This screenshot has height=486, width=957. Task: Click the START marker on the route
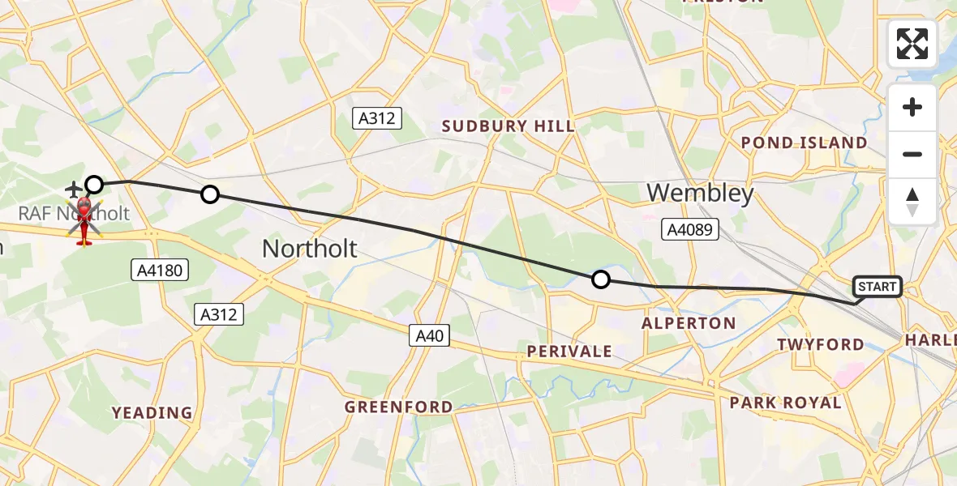[878, 287]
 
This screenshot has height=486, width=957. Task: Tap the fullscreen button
[912, 44]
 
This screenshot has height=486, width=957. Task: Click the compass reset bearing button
[912, 202]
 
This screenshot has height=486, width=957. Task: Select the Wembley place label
[700, 193]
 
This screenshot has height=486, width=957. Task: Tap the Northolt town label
[309, 249]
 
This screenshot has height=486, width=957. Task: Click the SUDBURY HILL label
[508, 126]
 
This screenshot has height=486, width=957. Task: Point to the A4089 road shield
[689, 230]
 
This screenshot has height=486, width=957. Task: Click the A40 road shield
[430, 335]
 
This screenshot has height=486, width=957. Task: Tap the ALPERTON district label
[689, 323]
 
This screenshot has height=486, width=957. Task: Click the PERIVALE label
[569, 352]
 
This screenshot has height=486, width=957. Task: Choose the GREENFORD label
[398, 407]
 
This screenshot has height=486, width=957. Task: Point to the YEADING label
[152, 413]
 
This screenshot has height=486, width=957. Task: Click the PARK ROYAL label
[785, 403]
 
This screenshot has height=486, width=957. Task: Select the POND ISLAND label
[804, 143]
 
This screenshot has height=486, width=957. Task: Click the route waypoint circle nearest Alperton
[600, 279]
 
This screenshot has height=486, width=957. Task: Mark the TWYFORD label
[820, 344]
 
